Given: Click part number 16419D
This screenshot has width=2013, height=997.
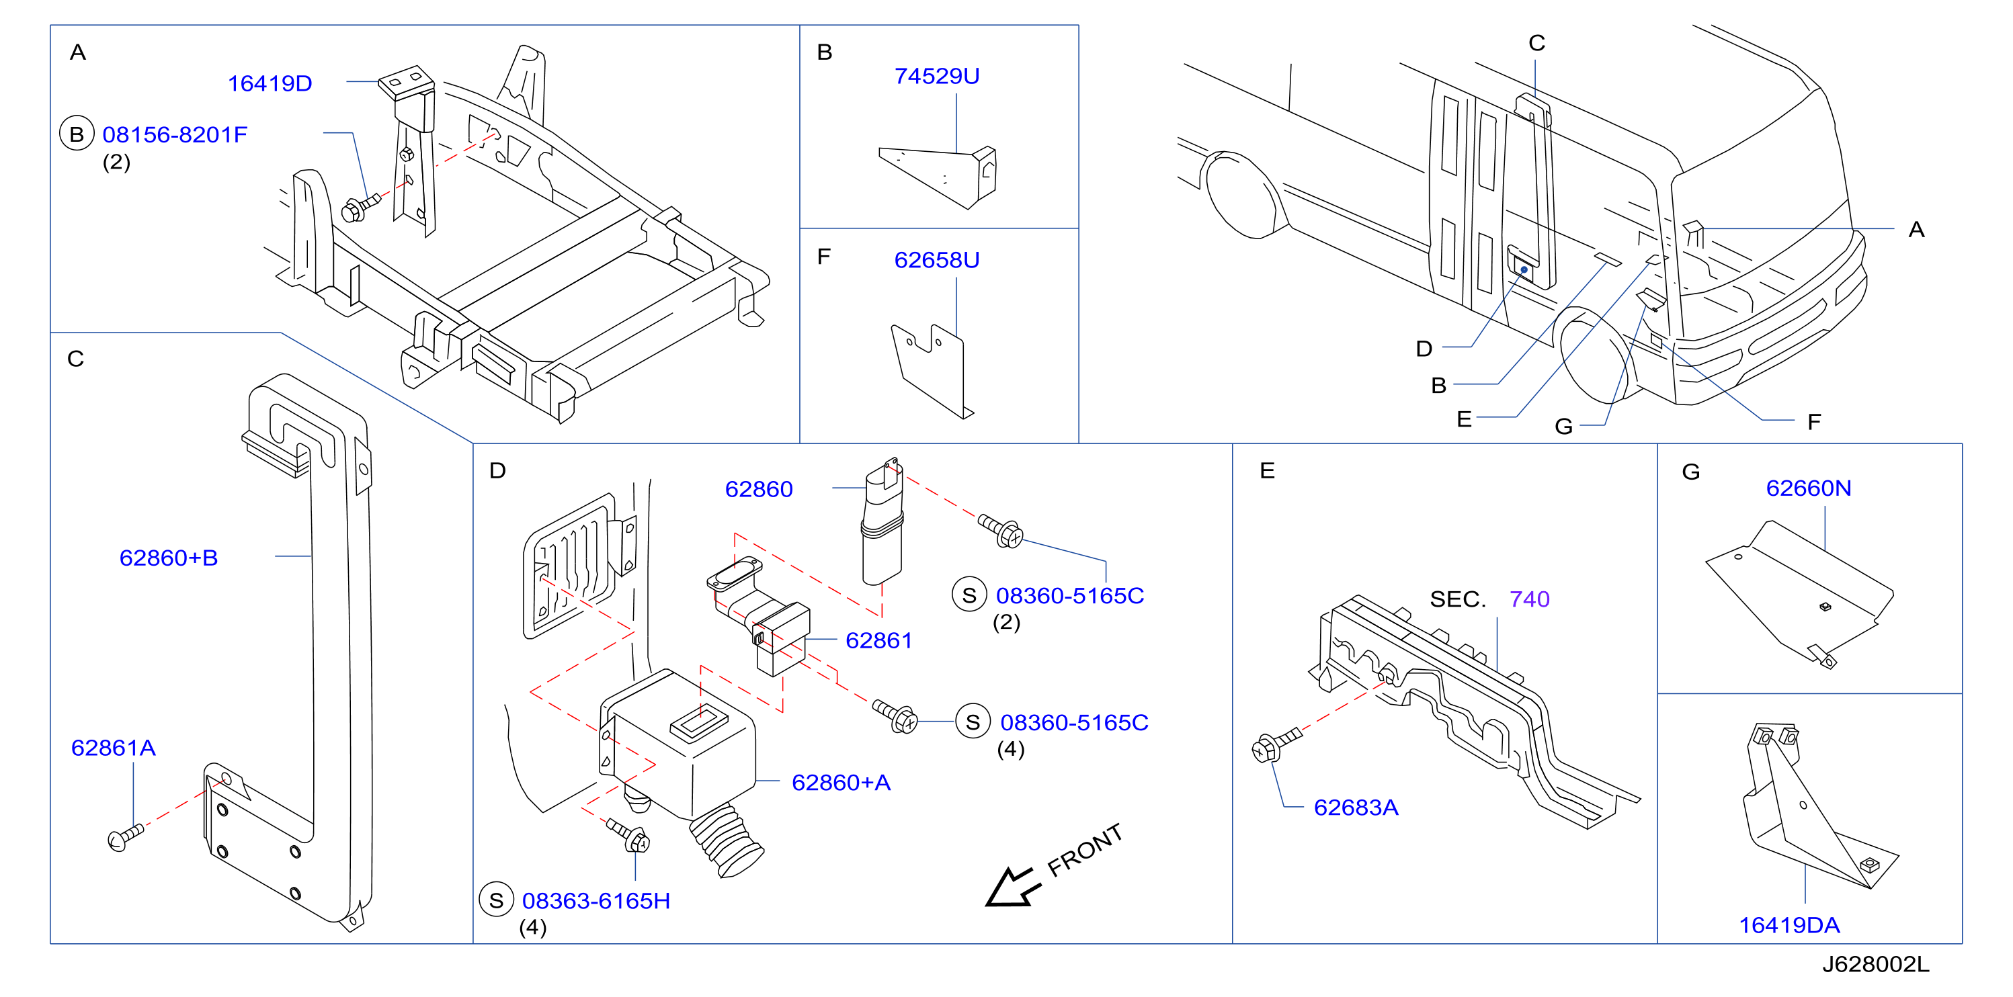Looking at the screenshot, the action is tap(270, 83).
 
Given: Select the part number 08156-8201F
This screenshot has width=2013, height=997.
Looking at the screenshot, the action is tap(175, 134).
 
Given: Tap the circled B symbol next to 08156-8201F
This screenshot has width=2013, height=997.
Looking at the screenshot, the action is tap(77, 134).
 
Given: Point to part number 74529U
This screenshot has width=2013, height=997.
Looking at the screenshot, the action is tap(936, 76).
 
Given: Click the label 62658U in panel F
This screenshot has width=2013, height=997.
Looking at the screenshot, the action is tap(936, 259).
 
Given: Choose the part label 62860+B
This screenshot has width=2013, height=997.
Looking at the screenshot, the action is tap(168, 558).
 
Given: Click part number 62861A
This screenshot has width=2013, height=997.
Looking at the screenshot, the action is tap(114, 748).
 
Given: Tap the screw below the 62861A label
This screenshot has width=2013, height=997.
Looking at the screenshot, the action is tap(125, 837).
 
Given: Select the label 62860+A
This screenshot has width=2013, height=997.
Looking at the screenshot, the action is tap(841, 782).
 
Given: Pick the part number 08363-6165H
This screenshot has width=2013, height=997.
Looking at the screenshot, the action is tap(595, 901).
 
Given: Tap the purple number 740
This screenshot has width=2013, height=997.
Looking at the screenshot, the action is tap(1529, 599).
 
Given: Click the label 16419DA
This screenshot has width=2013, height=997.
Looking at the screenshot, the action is tap(1789, 925).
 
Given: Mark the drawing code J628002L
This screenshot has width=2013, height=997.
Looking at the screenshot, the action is tap(1875, 964).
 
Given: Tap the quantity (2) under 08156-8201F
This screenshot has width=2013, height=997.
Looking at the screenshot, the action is tap(116, 163).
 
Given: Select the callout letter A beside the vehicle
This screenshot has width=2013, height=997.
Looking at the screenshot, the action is tap(1916, 230).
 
